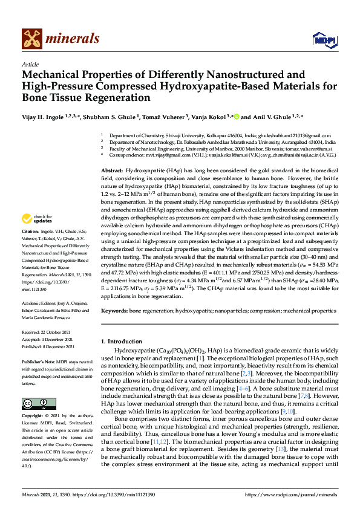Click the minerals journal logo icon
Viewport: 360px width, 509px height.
pos(31,38)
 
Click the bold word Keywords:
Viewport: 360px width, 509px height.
pos(114,310)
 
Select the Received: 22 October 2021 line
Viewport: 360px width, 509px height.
pos(48,332)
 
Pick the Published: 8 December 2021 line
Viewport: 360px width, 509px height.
pos(48,346)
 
